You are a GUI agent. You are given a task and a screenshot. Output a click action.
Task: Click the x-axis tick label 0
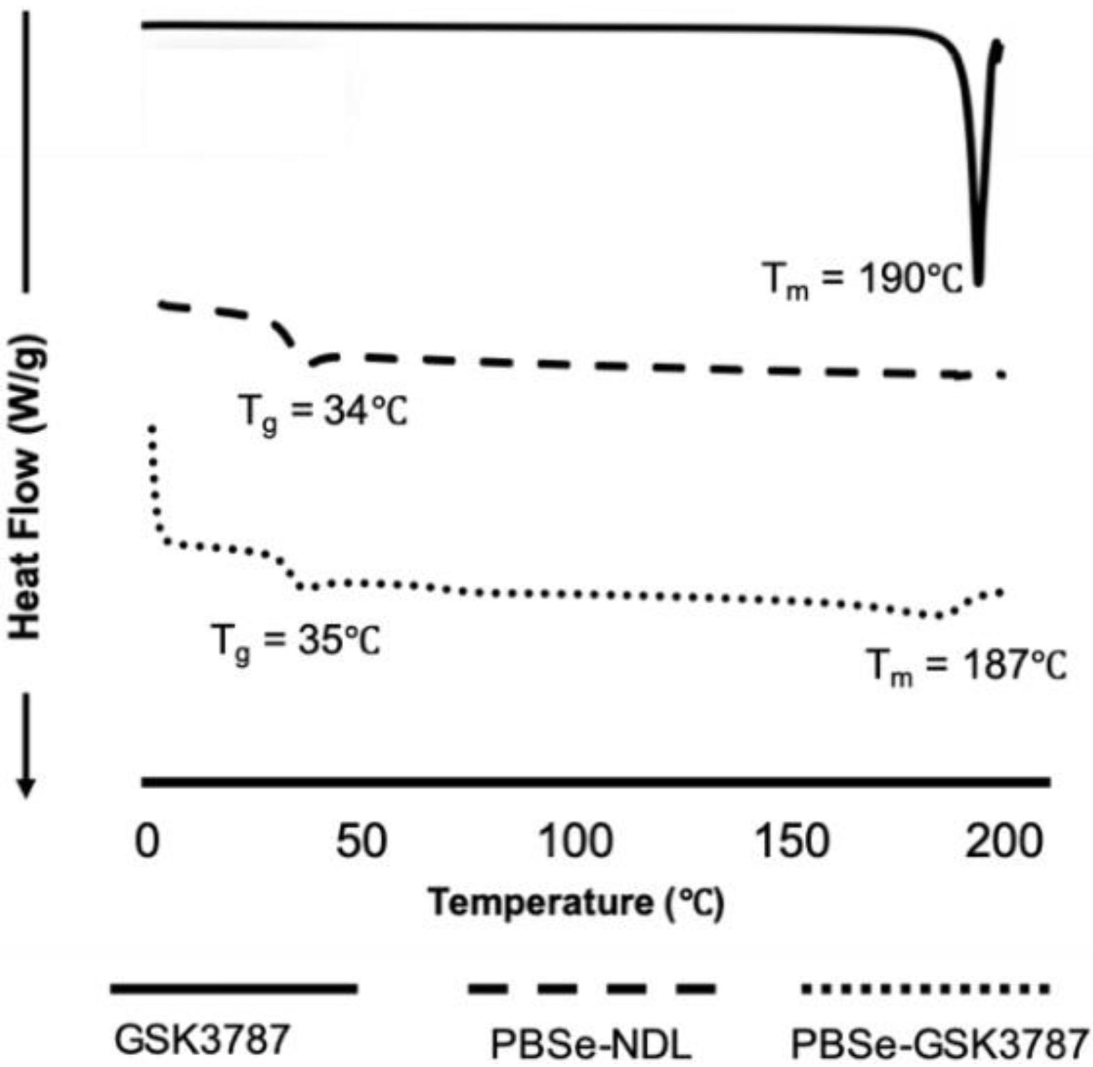point(147,841)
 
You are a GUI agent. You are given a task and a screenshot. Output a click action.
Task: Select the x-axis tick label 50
point(361,841)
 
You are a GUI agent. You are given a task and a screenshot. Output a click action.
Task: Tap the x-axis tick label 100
point(576,841)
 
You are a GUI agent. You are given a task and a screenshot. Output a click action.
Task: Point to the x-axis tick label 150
point(792,841)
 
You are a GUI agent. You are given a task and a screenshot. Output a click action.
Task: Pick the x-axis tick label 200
point(1004,841)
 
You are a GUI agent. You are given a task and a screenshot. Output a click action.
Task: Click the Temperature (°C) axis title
point(576,903)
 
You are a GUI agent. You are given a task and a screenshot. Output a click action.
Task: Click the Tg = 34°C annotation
point(322,412)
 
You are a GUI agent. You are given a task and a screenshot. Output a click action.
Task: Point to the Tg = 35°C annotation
point(295,641)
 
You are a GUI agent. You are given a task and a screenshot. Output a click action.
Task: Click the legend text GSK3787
point(202,1040)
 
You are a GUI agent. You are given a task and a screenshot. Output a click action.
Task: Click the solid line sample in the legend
point(234,988)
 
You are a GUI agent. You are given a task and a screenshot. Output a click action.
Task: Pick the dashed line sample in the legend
point(592,988)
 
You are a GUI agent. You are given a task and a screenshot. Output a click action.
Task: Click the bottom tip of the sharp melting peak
point(978,282)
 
